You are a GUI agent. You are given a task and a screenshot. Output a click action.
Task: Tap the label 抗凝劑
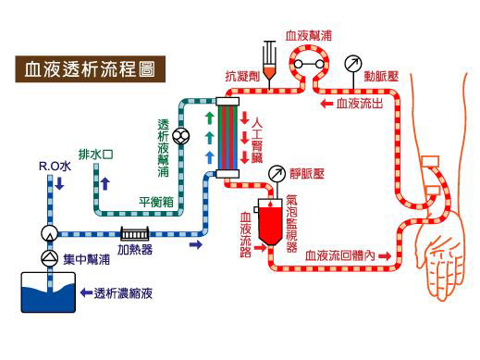[x=241, y=74]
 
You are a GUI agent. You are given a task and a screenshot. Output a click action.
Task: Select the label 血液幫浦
[x=312, y=36]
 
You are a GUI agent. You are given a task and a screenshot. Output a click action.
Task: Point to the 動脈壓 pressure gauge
[x=351, y=64]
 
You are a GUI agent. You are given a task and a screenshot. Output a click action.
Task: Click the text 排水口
[x=95, y=154]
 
